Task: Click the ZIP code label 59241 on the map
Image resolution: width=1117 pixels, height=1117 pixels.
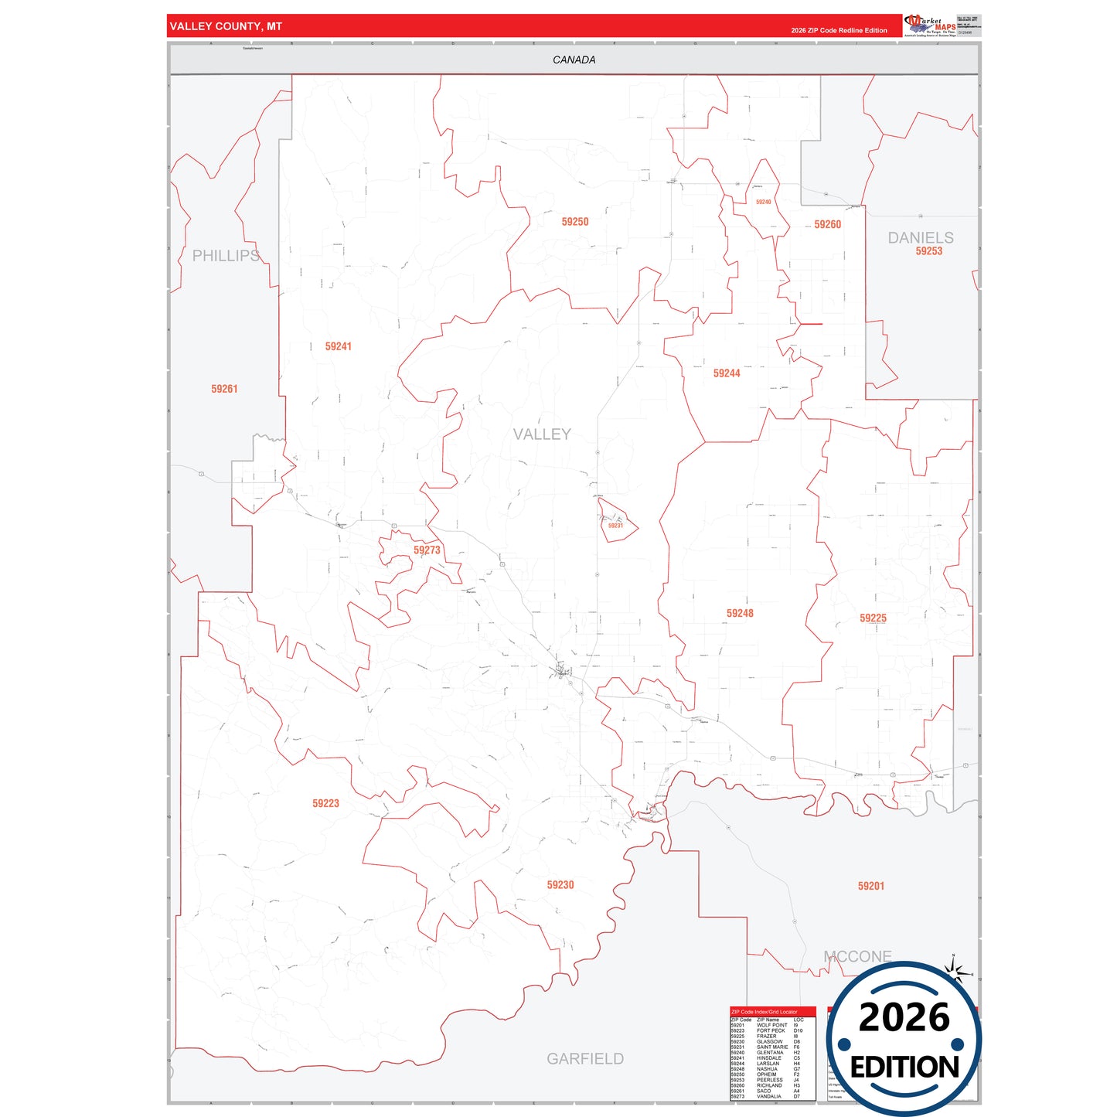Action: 338,347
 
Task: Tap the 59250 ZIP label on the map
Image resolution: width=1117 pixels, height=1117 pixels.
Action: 574,222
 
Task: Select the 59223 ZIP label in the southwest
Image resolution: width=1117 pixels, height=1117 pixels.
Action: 325,804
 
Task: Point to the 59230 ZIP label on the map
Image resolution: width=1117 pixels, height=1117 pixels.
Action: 560,885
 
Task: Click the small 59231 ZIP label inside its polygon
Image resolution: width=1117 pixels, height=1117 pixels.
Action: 615,526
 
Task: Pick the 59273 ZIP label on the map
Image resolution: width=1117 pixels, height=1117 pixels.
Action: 427,550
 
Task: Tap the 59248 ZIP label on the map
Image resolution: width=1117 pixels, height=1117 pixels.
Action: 739,614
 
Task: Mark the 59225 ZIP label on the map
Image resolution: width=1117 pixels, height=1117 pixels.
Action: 873,618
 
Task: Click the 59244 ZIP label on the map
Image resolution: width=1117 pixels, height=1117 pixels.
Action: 726,373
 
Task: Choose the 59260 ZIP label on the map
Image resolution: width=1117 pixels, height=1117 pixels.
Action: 827,225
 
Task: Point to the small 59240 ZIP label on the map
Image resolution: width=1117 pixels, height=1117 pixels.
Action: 763,203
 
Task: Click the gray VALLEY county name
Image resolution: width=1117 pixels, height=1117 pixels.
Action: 542,434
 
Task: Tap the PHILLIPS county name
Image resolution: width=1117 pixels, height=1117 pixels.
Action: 226,256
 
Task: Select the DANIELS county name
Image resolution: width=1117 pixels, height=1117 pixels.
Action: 920,238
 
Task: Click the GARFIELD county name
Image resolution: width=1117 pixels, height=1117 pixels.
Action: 584,1059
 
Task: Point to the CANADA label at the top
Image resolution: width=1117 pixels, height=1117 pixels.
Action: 574,60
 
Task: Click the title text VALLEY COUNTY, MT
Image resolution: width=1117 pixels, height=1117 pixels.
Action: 226,26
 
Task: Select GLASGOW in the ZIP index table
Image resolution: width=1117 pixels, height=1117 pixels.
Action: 769,1042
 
